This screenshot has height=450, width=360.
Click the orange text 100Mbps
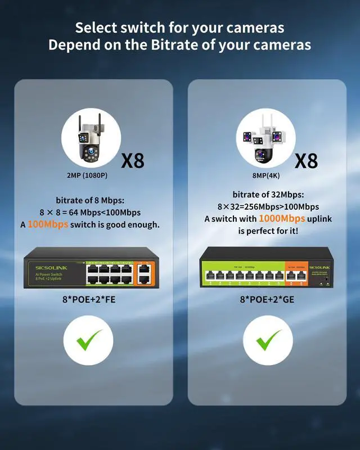[x=48, y=224]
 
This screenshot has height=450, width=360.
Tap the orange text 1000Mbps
[x=282, y=218]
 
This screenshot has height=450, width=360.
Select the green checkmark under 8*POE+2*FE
[x=88, y=340]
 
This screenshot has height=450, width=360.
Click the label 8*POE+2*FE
[x=87, y=299]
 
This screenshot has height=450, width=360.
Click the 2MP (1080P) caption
[x=88, y=175]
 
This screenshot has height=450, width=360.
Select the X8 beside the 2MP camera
[x=133, y=161]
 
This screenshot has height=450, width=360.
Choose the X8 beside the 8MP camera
[x=307, y=161]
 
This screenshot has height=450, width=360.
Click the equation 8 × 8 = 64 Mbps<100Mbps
[x=90, y=212]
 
